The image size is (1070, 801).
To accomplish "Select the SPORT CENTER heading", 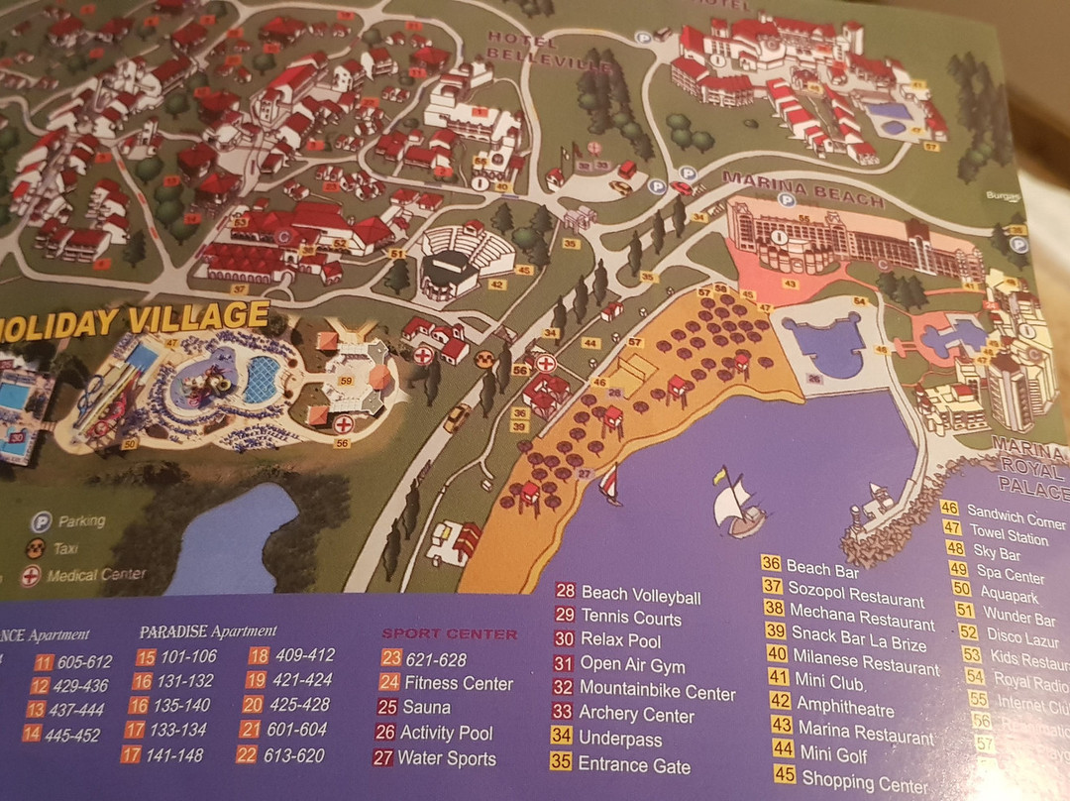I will pyautogui.click(x=450, y=632).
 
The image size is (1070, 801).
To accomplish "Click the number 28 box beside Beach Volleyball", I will pyautogui.click(x=566, y=592).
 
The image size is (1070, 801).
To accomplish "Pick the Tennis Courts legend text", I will pyautogui.click(x=631, y=618).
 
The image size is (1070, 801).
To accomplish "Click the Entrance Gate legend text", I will pyautogui.click(x=634, y=764).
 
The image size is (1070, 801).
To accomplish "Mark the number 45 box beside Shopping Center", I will pyautogui.click(x=783, y=773).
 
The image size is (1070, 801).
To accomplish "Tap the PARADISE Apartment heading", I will pyautogui.click(x=207, y=630).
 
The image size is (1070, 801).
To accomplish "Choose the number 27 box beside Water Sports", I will pyautogui.click(x=383, y=758).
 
